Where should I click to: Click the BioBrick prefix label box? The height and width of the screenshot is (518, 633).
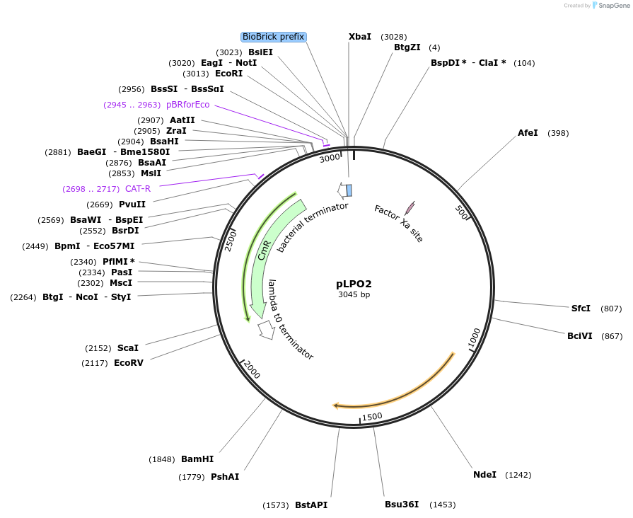(x=274, y=37)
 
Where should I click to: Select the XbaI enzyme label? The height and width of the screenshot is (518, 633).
(x=360, y=37)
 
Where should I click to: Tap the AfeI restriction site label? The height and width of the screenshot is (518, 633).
(x=528, y=133)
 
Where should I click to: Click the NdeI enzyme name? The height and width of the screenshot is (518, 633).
(x=484, y=475)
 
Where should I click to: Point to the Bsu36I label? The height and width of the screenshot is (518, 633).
(x=402, y=505)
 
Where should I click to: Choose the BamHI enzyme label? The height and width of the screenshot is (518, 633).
(x=197, y=459)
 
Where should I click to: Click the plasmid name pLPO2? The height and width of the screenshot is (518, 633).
(x=354, y=284)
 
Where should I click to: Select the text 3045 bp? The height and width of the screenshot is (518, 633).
(x=354, y=295)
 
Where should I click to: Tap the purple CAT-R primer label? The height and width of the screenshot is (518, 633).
(x=138, y=189)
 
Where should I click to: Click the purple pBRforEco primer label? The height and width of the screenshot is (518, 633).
(x=188, y=105)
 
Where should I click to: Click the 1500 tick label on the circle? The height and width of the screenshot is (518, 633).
(x=372, y=416)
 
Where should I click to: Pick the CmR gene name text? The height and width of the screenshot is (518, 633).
(x=265, y=249)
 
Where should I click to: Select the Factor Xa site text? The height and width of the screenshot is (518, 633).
(x=399, y=224)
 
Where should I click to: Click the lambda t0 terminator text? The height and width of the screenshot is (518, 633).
(x=290, y=320)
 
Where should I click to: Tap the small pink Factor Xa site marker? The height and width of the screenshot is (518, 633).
(x=410, y=207)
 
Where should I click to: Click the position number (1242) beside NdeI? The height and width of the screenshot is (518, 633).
(x=518, y=475)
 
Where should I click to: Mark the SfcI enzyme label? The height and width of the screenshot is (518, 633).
(x=581, y=309)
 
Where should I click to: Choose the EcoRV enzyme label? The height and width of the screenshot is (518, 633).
(x=129, y=363)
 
